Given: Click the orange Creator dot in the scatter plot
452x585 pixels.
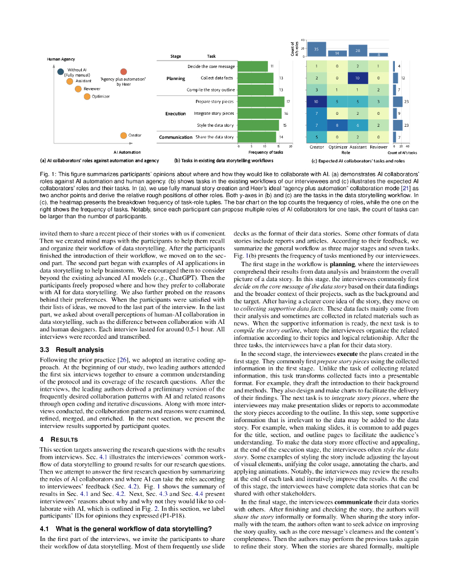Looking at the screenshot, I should pos(123,135).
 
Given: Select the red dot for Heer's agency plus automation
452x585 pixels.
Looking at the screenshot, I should pos(123,71).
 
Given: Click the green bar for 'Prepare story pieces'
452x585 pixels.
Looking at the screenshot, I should pos(261,102).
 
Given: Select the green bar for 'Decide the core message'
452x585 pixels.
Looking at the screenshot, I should pos(252,66).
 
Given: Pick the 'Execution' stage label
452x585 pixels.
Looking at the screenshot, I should pos(175,114).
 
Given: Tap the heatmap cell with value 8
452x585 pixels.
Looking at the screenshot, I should pos(337,125).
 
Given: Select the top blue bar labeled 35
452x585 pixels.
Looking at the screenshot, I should pos(317,49).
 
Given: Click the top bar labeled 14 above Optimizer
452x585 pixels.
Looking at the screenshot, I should pos(337,53).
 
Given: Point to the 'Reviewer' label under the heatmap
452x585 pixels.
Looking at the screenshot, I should pos(378,147).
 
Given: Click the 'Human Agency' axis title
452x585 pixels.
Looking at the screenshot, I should pos(61,59).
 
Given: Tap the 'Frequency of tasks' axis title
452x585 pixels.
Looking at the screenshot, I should pos(266,153).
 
